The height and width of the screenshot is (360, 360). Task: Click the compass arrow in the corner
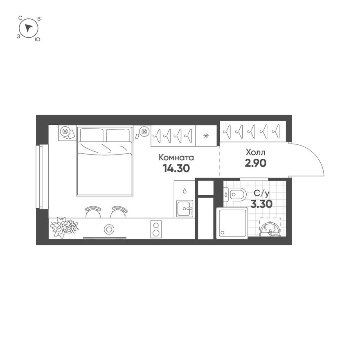(x=28, y=28)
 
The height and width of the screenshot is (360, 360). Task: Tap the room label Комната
(x=176, y=157)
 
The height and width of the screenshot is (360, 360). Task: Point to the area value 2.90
(x=256, y=163)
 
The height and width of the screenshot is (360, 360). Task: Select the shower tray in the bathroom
(x=232, y=223)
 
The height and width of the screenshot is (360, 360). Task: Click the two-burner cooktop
(x=156, y=229)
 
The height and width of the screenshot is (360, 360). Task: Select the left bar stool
(x=92, y=212)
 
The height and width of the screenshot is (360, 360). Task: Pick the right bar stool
(x=118, y=212)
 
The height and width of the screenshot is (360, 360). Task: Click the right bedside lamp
(x=143, y=131)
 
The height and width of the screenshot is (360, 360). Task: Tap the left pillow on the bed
(x=91, y=135)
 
